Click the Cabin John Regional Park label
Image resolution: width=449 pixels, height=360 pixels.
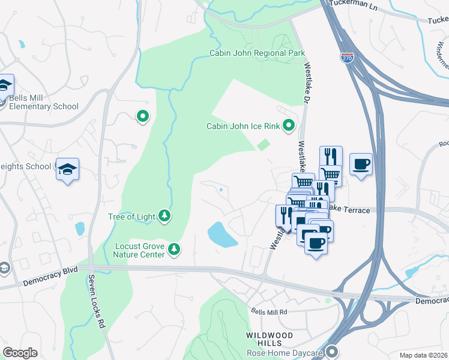[x=257, y=53]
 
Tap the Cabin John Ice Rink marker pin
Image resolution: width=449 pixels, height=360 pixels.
[x=289, y=125]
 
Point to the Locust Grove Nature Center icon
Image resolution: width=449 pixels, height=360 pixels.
[x=174, y=248]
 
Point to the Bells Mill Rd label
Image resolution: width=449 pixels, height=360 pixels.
[x=270, y=312]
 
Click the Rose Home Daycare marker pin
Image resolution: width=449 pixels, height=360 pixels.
[x=333, y=352]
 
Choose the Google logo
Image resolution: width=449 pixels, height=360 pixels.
[x=20, y=353]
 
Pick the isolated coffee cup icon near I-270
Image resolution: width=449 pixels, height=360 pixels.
[x=361, y=164]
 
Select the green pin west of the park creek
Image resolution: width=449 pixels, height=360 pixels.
[x=143, y=116]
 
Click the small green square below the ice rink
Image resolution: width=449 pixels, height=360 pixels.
[x=263, y=145]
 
